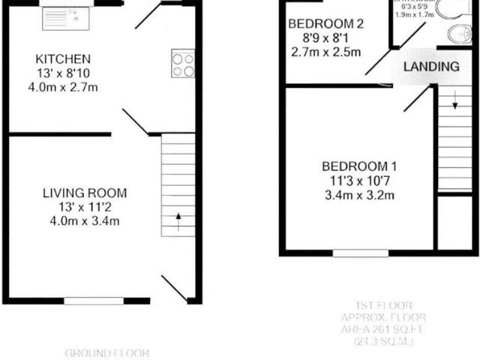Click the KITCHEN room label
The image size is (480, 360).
64,58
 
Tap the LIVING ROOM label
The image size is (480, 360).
84,193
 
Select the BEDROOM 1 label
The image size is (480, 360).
359,166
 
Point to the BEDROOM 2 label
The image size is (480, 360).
326,24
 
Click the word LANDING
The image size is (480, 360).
431,67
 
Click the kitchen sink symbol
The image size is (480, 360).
66,17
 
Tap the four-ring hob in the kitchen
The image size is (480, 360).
183,63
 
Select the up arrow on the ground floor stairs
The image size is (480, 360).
178,219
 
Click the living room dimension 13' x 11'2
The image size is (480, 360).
84,207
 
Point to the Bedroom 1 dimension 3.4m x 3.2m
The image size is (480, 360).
359,196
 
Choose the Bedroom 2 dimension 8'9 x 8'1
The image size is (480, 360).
326,38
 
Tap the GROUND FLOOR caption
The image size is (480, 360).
107,352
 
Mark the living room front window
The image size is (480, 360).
94,301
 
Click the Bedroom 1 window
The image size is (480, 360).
361,253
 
